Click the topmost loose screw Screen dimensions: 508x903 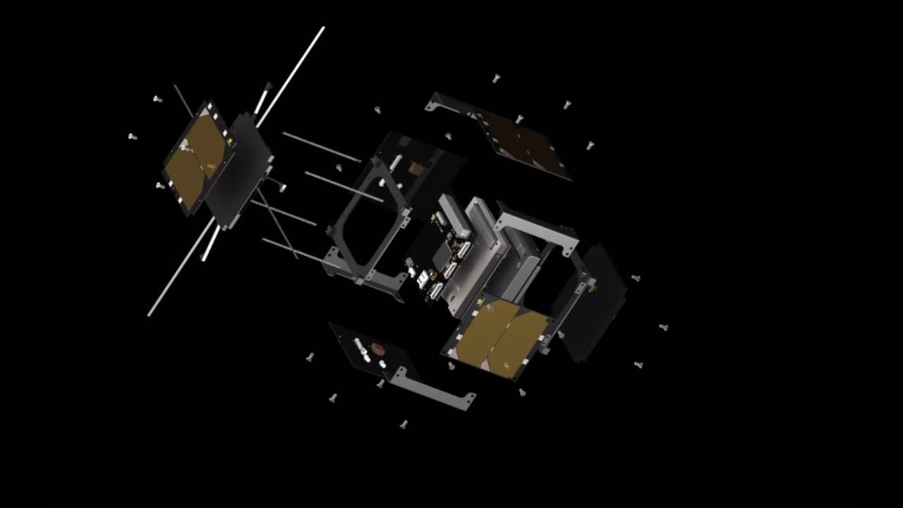496,78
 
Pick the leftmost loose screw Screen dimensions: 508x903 132,136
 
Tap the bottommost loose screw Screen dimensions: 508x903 404,424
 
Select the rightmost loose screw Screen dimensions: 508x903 663,327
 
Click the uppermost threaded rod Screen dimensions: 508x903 322,147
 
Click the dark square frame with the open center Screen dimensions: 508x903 367,226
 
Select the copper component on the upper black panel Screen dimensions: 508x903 415,169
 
